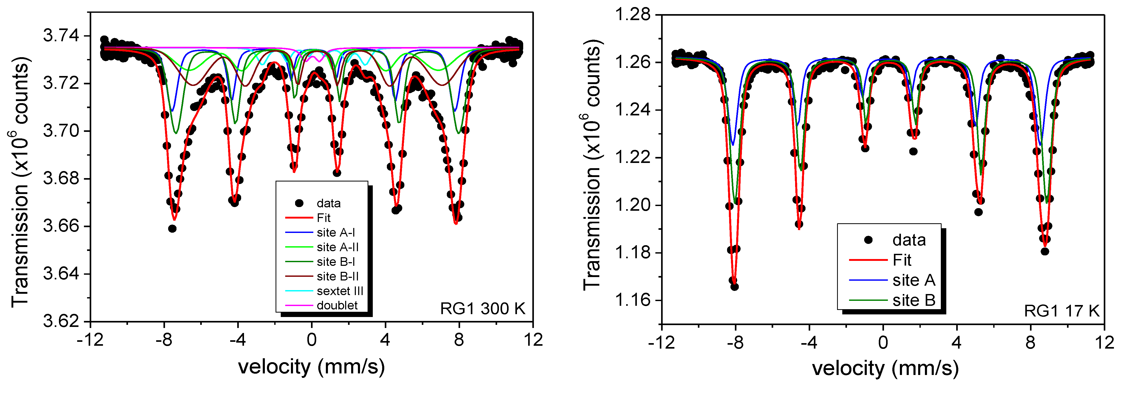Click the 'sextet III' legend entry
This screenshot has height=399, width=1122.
coord(340,291)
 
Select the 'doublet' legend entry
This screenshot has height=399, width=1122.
coord(337,305)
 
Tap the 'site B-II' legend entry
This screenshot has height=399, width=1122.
coord(338,277)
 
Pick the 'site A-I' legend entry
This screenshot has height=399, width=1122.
coord(336,232)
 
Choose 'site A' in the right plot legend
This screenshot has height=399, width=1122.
coord(914,280)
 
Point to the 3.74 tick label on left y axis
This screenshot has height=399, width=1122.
coord(61,36)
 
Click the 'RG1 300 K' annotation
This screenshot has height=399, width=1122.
coord(483,309)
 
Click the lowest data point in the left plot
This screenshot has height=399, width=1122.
coord(172,228)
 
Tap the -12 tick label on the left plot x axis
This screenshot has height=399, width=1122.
coord(90,340)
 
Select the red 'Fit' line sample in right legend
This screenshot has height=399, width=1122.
coord(868,260)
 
